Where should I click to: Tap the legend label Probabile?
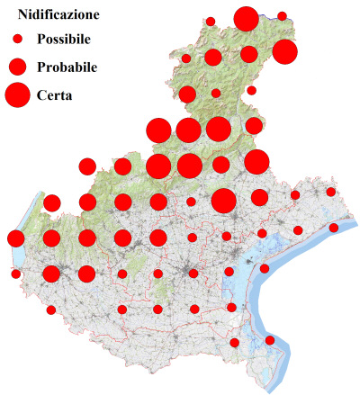pos(67,67)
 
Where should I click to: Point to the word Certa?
pos(55,94)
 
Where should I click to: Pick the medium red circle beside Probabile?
pos(17,67)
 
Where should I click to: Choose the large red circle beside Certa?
pos(17,94)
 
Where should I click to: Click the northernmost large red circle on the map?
pos(246,18)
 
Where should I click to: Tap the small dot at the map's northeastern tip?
pos(282,16)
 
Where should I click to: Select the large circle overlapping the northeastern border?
pos(284,52)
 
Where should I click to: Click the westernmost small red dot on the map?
pos(15,274)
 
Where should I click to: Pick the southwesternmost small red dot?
pos(50,310)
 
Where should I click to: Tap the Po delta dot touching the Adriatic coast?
pos(270,340)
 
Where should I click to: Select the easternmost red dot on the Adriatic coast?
pos(333,228)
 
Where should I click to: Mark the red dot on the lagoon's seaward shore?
pos(265,268)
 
